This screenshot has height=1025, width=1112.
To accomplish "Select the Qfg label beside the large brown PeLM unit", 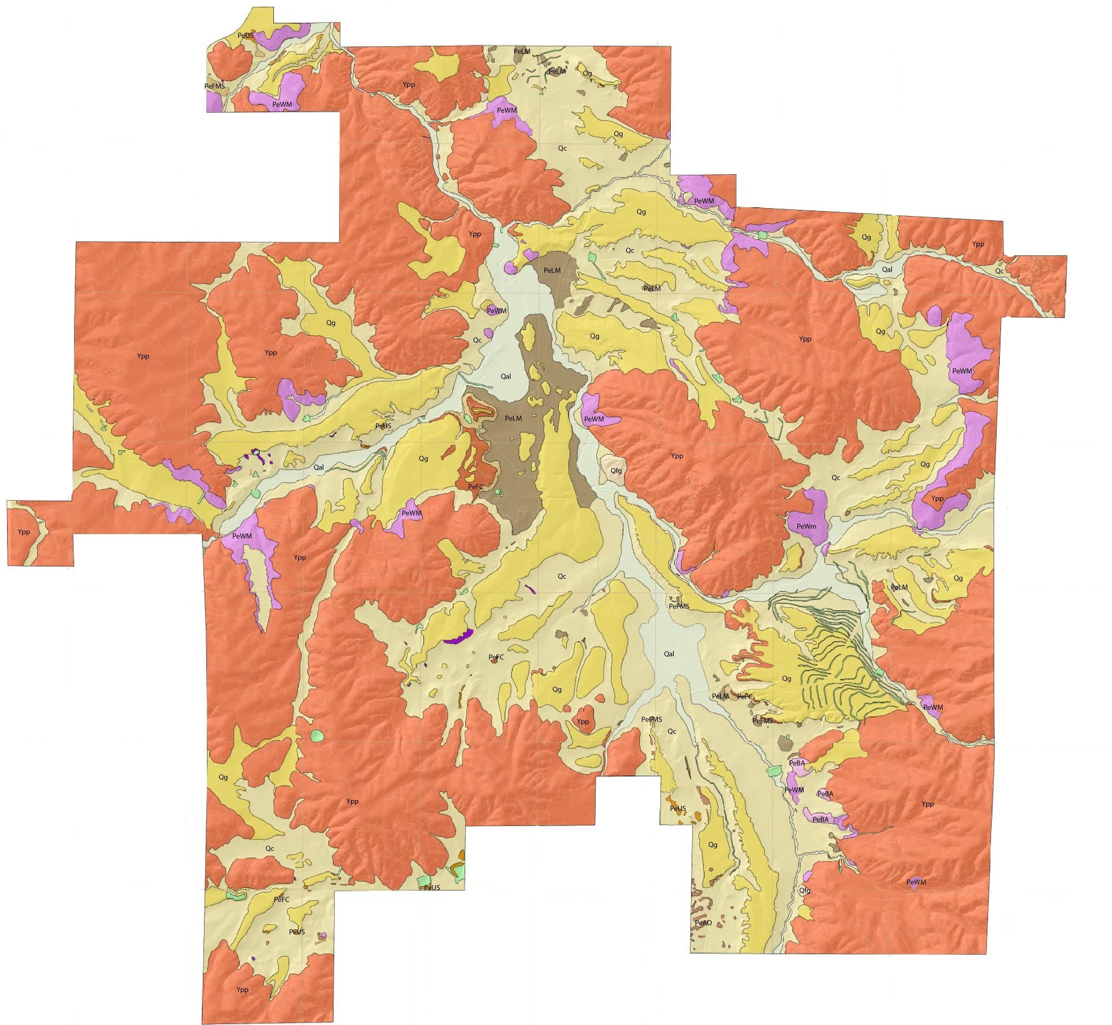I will (x=615, y=471).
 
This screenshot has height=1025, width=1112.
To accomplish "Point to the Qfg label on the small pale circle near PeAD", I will (x=805, y=891).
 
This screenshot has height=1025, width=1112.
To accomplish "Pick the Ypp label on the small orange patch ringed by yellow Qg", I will (x=582, y=722).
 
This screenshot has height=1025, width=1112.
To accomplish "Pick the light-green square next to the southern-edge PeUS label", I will (x=425, y=881).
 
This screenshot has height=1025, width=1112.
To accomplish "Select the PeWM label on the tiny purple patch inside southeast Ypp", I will (x=916, y=882).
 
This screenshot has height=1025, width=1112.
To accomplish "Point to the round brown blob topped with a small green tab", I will (x=785, y=742).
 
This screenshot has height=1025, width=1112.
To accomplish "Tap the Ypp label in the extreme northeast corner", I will (x=978, y=244).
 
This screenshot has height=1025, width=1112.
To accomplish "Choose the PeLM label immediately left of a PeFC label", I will (x=720, y=696).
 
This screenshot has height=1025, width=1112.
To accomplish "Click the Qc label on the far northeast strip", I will (x=999, y=271).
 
